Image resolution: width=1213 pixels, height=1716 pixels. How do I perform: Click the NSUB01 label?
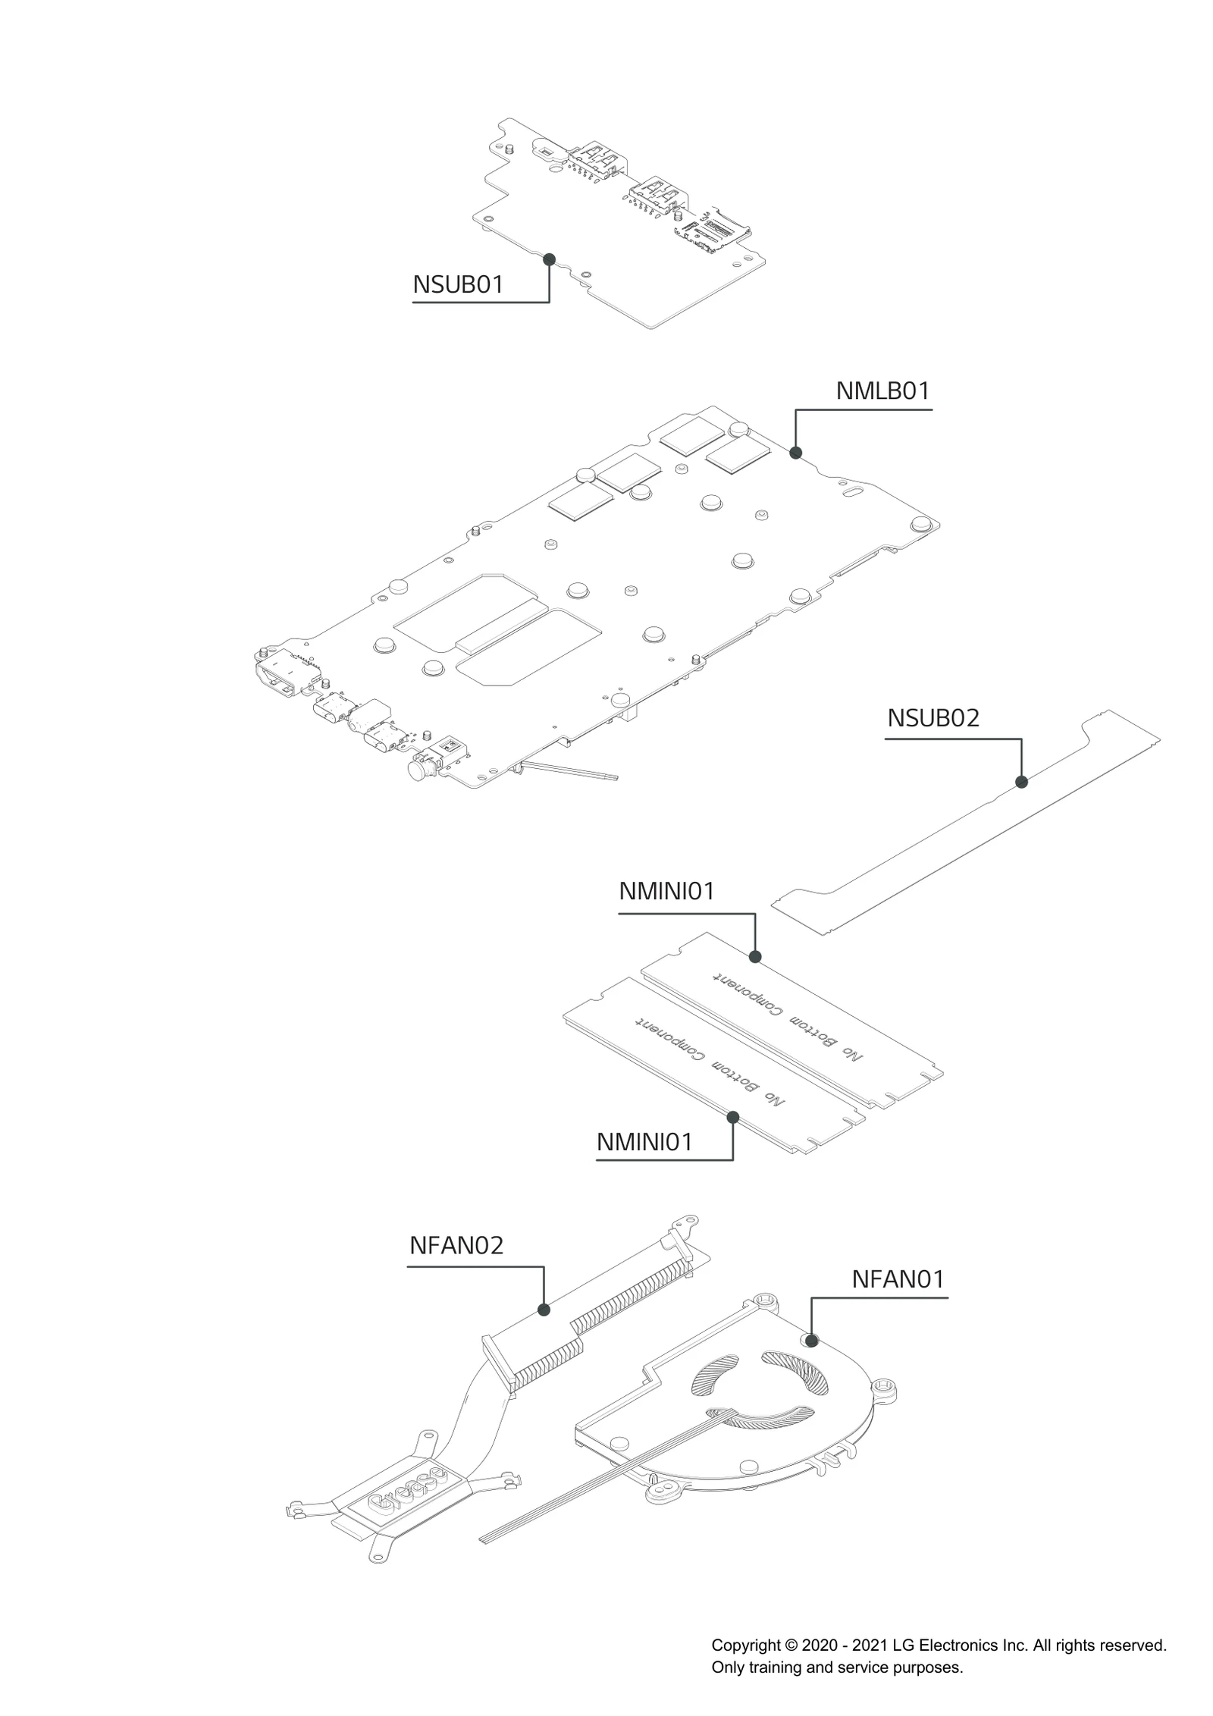(x=458, y=285)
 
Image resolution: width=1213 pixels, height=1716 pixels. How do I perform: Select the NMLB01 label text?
(x=882, y=391)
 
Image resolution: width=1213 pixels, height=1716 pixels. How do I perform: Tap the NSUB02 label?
(x=933, y=718)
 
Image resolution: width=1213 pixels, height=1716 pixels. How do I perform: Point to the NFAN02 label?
(x=456, y=1246)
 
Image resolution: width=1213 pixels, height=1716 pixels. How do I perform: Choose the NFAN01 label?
(x=898, y=1279)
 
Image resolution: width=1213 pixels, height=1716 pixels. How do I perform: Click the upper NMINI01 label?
(x=667, y=892)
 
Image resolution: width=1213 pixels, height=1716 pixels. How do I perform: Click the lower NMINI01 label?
(x=644, y=1142)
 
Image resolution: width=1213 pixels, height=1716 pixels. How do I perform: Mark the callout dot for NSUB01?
(x=550, y=259)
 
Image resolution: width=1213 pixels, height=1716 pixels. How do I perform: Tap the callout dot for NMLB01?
(x=795, y=453)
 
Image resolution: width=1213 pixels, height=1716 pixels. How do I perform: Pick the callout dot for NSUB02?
(x=1021, y=782)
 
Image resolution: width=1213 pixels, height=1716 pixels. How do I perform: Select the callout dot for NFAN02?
(x=543, y=1310)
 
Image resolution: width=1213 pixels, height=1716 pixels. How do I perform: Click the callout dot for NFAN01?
(x=811, y=1340)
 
